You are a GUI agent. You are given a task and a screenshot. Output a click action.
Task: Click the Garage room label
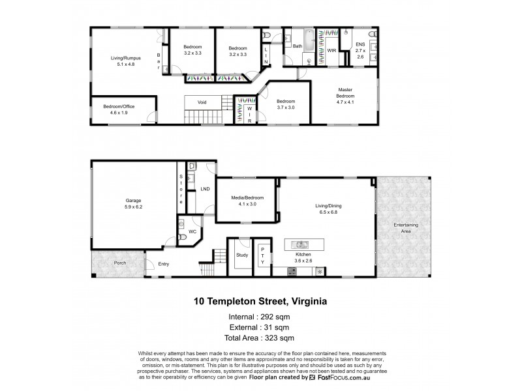point(134,201)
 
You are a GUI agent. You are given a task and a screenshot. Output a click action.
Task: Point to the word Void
point(194,102)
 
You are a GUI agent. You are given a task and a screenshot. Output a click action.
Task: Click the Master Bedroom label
point(345,93)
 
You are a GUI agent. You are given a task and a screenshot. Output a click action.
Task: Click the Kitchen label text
point(302,255)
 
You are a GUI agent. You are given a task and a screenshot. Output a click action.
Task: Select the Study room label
point(241,255)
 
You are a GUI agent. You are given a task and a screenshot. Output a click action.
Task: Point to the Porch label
point(119,263)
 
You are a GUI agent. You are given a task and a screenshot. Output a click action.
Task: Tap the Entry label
point(164,264)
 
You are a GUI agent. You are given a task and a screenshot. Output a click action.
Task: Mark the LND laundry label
point(204,190)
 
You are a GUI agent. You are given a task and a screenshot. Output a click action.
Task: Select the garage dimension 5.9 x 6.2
point(134,207)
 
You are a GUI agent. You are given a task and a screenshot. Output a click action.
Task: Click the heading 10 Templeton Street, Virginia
point(260,302)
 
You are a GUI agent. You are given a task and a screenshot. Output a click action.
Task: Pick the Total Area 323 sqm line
point(260,338)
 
